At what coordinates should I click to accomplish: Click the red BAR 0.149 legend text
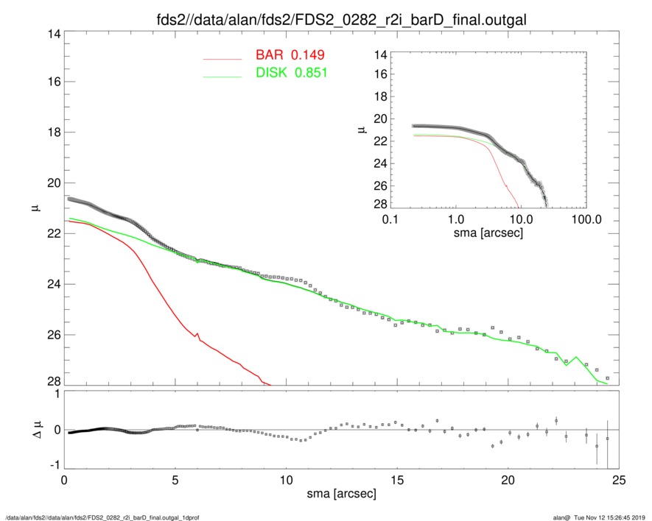tap(290, 55)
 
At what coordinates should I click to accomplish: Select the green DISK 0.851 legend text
tap(292, 73)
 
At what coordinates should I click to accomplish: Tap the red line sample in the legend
tap(222, 57)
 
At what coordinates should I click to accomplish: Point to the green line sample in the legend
tap(222, 75)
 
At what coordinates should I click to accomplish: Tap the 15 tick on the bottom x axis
tap(397, 480)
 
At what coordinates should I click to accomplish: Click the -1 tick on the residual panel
tap(53, 465)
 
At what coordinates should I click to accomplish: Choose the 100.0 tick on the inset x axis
tap(585, 219)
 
